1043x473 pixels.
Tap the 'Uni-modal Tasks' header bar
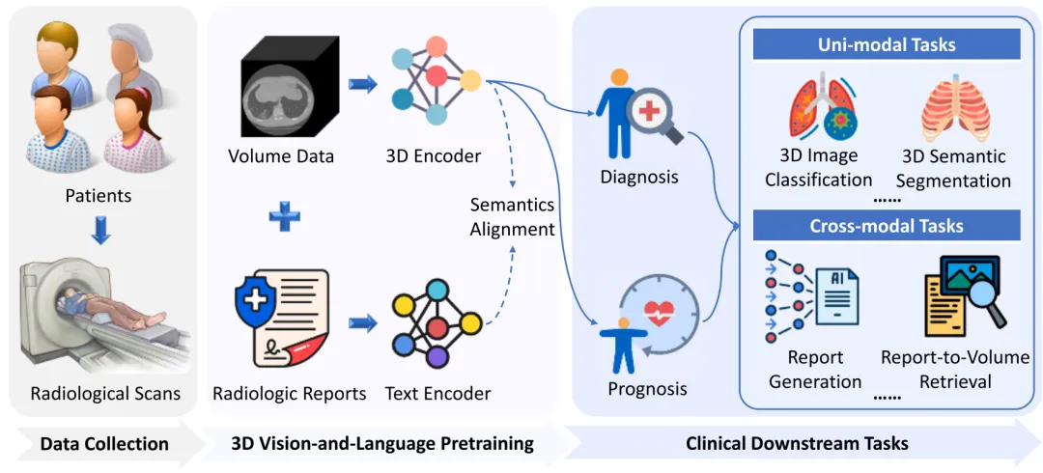(x=887, y=44)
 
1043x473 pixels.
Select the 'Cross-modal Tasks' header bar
(x=887, y=226)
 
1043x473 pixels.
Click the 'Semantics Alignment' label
(x=512, y=217)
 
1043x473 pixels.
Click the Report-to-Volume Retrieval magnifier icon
(x=965, y=293)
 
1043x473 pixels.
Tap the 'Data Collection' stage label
(x=104, y=444)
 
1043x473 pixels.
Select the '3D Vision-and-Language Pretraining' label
(x=382, y=444)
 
